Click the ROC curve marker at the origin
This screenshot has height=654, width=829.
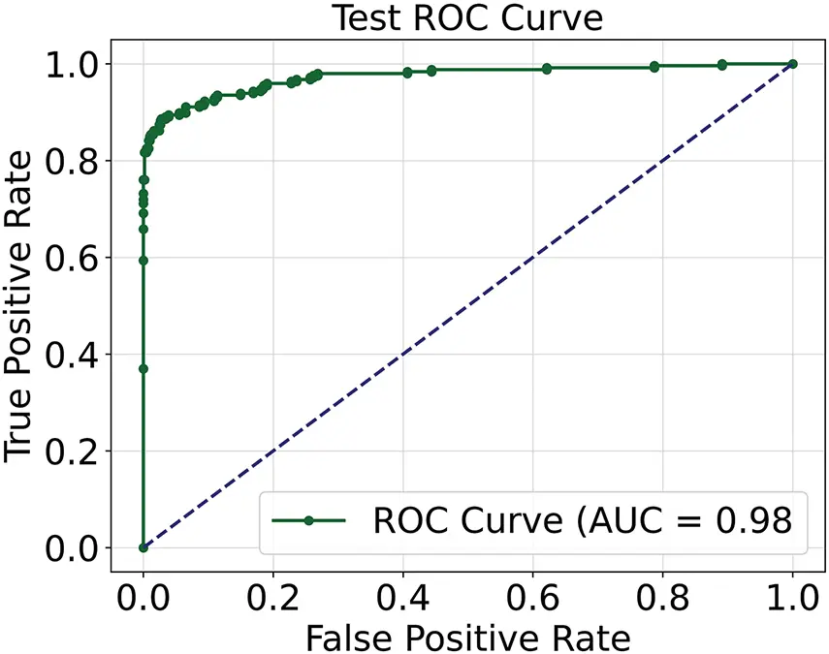143,547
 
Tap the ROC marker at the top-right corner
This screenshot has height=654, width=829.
793,64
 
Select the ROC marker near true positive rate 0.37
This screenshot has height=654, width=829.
143,368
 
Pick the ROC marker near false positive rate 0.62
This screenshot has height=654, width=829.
547,69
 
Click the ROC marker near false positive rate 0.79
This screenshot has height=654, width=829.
655,67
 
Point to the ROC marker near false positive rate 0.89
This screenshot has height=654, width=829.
722,65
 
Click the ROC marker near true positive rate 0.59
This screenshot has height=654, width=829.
143,261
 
